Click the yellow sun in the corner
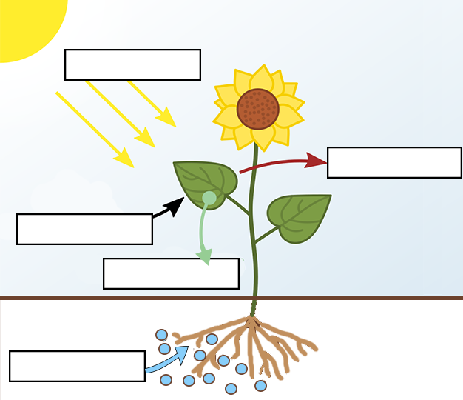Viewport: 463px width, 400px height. (26, 22)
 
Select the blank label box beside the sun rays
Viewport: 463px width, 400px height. (132, 64)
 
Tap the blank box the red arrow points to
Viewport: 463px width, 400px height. (394, 162)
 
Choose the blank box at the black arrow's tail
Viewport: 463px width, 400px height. (84, 229)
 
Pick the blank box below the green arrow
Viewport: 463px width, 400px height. (171, 273)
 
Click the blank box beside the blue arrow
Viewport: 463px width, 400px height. (77, 366)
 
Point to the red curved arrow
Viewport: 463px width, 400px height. (281, 162)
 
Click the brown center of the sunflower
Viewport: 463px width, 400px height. (258, 109)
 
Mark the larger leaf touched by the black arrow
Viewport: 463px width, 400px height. (203, 181)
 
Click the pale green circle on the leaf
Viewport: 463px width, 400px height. (209, 198)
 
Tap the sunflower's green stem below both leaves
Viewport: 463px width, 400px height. (255, 274)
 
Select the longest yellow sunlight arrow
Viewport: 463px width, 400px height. (95, 129)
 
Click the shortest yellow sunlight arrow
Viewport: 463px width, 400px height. (152, 104)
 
